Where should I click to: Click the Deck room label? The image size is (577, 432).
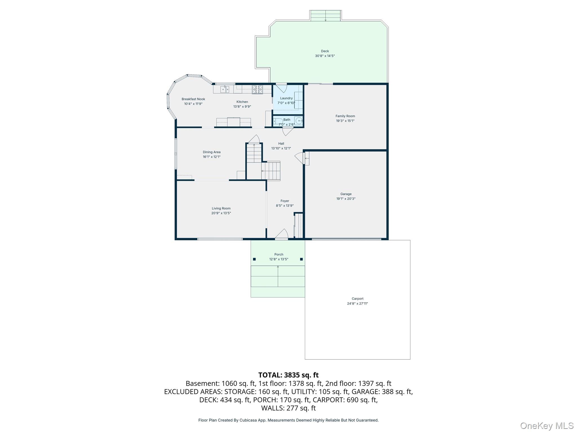point(325,51)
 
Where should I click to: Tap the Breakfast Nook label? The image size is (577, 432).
point(193,99)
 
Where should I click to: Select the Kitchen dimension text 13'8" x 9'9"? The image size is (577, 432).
point(242,107)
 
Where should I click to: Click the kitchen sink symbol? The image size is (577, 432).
point(225,89)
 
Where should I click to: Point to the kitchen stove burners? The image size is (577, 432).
point(257,89)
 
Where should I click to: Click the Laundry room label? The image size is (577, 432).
point(286,98)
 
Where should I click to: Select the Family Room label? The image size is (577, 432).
point(345,116)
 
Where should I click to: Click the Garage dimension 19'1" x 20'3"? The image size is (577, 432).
point(346,199)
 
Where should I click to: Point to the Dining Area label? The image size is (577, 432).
point(212,152)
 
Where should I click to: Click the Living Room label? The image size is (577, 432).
point(221,208)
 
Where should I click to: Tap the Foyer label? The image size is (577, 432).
point(285,201)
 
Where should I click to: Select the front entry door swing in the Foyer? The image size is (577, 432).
point(281,234)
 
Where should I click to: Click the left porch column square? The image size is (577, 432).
point(254,259)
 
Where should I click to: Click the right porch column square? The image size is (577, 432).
point(301,259)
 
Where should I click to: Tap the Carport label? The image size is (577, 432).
point(358,299)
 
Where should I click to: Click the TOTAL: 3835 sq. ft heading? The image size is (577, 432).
point(288,375)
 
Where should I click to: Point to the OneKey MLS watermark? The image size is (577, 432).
point(547,426)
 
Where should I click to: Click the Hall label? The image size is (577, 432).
point(281,143)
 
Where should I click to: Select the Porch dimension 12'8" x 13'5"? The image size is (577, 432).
point(279,259)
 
